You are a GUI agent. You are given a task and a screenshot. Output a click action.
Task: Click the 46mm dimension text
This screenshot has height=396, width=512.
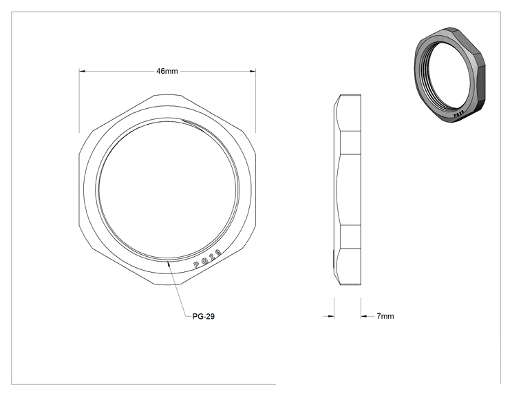[167, 71]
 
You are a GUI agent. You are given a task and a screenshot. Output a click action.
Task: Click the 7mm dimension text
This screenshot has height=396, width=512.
[385, 316]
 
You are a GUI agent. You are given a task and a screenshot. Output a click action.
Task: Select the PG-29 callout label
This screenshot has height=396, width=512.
[204, 316]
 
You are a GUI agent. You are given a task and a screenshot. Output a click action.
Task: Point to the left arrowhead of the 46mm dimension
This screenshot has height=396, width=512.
[83, 71]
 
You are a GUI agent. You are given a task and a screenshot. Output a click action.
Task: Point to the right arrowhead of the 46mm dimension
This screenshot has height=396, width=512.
[253, 71]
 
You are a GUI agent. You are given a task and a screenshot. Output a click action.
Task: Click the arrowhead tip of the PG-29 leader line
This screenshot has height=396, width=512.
[168, 261]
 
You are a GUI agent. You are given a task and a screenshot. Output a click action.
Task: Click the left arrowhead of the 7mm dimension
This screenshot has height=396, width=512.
[331, 316]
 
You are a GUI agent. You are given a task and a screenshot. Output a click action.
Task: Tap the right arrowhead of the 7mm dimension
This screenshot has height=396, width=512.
[364, 316]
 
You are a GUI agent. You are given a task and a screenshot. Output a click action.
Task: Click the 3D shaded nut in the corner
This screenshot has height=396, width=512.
[449, 75]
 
